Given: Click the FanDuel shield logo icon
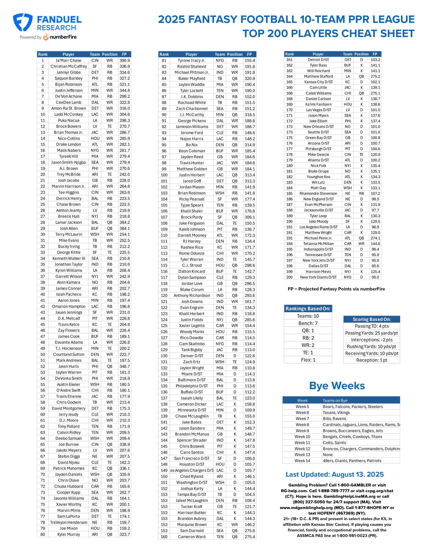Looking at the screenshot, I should (x=23, y=22).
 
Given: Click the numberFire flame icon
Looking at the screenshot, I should (x=46, y=37).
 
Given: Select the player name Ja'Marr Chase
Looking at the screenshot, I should (x=68, y=60).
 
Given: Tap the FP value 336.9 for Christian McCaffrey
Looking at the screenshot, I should (x=125, y=66).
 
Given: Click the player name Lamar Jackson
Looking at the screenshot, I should (x=68, y=222).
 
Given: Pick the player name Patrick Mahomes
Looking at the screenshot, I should (x=68, y=468).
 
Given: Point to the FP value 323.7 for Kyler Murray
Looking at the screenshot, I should (x=125, y=534).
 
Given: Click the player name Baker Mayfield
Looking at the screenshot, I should (x=192, y=78).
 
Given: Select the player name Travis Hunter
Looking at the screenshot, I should (x=192, y=163).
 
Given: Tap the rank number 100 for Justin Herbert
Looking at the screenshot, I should (x=164, y=175).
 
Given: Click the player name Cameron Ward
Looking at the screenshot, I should (x=192, y=537).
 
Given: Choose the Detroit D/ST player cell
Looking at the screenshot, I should (x=318, y=60).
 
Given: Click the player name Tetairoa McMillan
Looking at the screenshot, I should (x=318, y=244).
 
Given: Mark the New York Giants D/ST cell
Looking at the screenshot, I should (x=318, y=277).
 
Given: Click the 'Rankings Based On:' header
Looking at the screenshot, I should (x=308, y=309).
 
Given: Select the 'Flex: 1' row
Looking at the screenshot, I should (x=308, y=360).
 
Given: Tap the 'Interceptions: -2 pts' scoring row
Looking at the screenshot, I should (x=371, y=340).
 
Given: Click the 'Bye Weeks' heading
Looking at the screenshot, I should (x=337, y=386).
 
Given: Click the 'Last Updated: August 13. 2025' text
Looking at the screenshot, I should (x=334, y=474).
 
